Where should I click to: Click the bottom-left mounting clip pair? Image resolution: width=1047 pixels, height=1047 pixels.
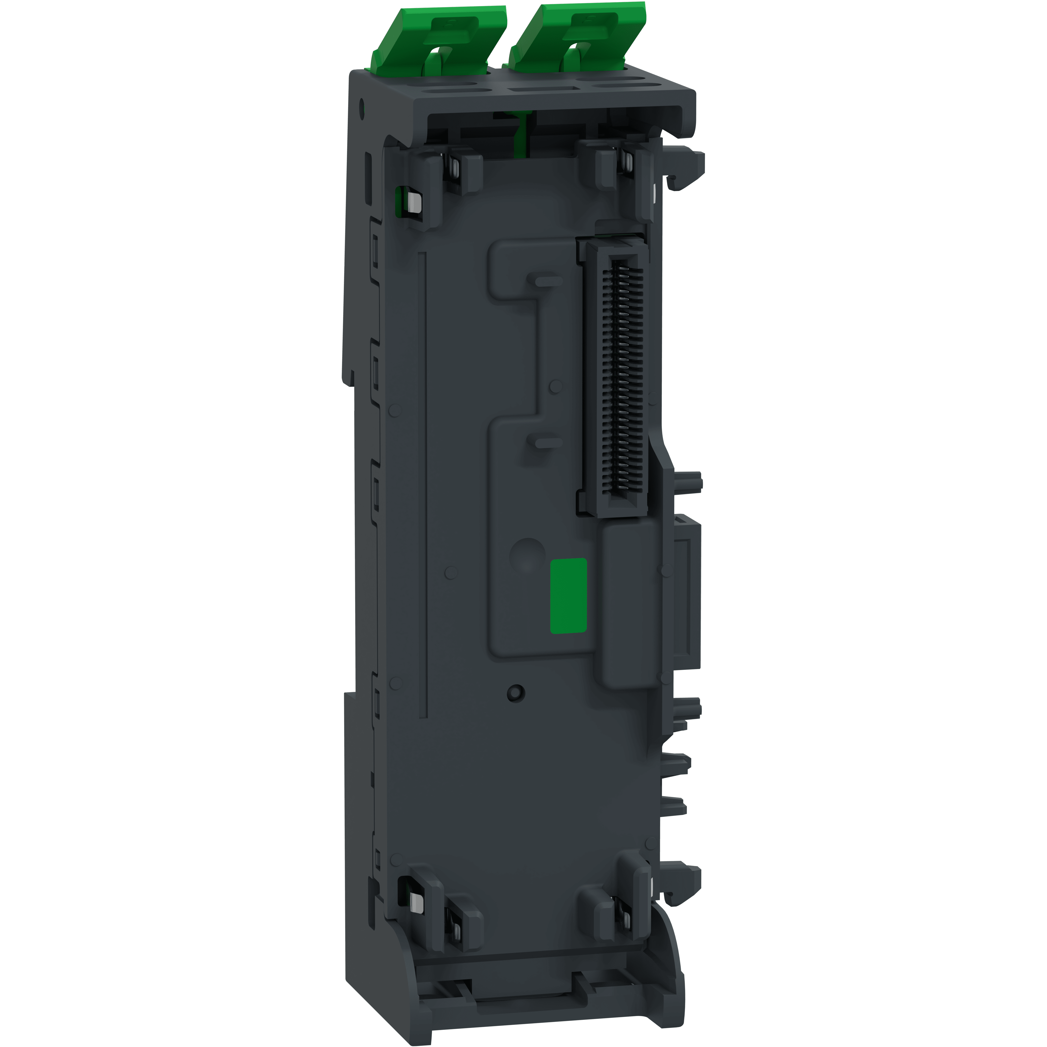[439, 910]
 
